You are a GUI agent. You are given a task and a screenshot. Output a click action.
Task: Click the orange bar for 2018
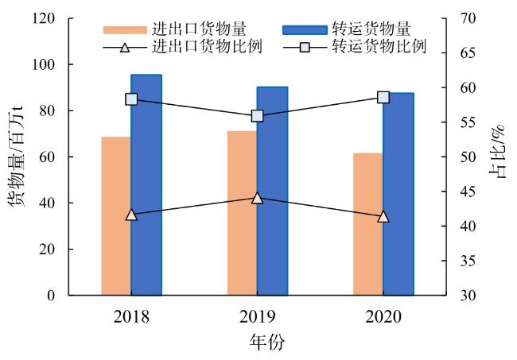(x=116, y=216)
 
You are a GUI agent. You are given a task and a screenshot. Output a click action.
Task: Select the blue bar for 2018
(x=146, y=185)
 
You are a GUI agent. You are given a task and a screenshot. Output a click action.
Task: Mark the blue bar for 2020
(x=398, y=194)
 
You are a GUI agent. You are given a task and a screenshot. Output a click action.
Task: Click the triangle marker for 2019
(x=257, y=197)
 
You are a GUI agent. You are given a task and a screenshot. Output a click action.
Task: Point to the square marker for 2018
(x=131, y=99)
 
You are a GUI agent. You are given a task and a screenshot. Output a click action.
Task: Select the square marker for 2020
(x=383, y=97)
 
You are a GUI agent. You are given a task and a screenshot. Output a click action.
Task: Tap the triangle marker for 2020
(x=383, y=216)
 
